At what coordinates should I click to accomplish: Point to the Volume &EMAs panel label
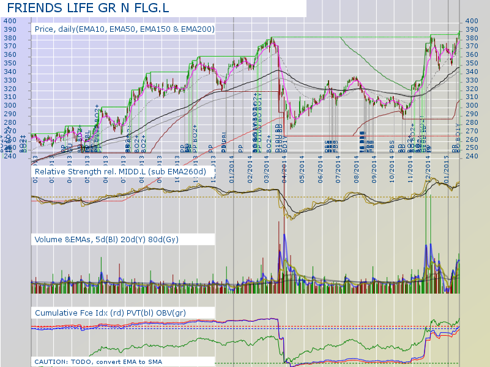point(107,239)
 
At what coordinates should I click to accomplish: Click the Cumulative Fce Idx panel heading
point(111,313)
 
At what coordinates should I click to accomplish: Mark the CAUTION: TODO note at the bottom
point(102,361)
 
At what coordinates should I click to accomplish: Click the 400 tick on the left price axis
point(10,21)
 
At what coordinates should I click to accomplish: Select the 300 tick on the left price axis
point(10,105)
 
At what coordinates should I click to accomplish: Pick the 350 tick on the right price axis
point(472,63)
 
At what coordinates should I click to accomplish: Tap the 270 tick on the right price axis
point(472,130)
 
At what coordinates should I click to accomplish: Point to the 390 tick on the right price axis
point(472,29)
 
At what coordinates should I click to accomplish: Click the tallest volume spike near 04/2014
point(285,257)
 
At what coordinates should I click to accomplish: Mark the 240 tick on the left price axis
point(10,156)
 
